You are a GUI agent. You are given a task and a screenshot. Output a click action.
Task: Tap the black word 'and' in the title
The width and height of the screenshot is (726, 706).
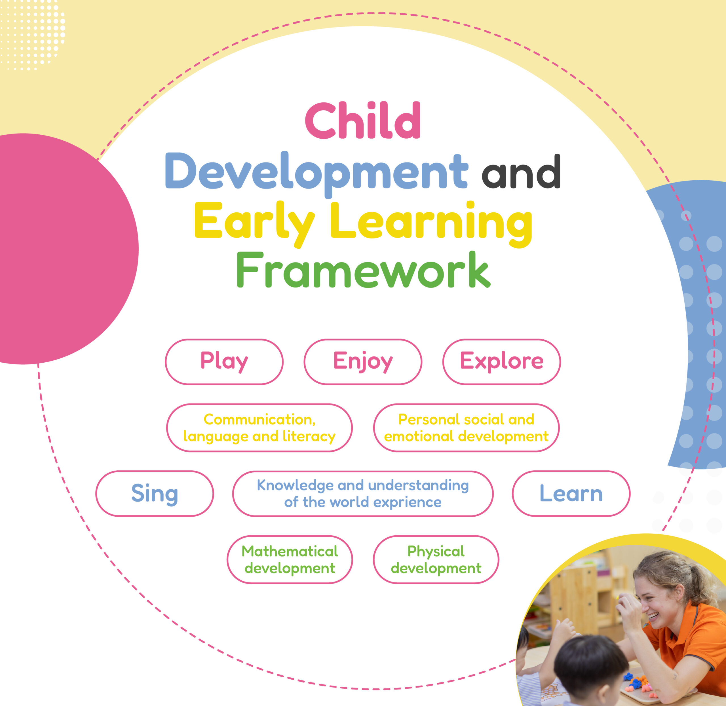click(521, 171)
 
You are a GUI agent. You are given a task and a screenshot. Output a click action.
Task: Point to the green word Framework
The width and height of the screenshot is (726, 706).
click(363, 270)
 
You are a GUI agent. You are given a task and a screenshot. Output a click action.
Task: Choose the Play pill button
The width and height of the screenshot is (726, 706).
click(224, 362)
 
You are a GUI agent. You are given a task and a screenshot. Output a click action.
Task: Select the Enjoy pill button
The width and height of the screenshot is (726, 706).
click(363, 362)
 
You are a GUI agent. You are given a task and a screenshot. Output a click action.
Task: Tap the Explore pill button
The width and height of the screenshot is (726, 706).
click(501, 362)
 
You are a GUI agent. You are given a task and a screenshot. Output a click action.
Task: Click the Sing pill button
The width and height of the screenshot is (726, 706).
click(155, 494)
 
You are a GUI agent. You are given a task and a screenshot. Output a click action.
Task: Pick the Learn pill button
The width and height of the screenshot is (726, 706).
click(571, 494)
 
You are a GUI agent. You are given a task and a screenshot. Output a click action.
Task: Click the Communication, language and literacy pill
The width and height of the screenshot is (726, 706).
click(259, 428)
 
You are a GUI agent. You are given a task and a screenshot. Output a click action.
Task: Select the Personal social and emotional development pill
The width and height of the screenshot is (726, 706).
click(466, 428)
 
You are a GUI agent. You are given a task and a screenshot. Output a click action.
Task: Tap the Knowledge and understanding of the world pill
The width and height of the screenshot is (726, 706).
click(363, 494)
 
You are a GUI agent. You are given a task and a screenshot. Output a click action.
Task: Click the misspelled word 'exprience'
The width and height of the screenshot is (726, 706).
click(407, 503)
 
